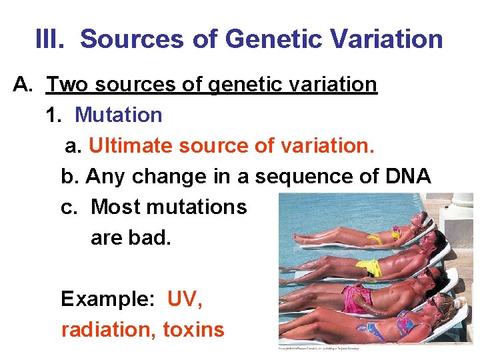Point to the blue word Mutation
point(118,115)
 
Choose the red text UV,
point(185,299)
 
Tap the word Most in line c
point(113,207)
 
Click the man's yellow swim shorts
point(369,268)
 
